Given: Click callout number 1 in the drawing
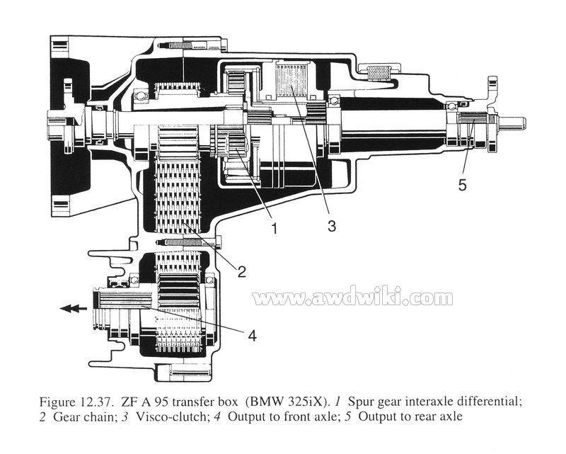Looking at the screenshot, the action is coord(274,228).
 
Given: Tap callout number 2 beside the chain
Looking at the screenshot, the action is coord(241,271).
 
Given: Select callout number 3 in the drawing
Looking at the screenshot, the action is coord(332,226).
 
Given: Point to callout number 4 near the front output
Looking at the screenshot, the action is coord(253,336).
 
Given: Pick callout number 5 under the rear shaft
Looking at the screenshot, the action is coord(463,185).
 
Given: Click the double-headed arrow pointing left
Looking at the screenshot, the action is coord(74,308).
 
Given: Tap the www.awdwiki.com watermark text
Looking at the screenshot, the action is coord(352,298).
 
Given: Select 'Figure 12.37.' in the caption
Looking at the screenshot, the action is coord(78,402).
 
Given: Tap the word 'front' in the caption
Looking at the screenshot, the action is coord(284,416).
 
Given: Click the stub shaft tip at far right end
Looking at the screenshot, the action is coord(524,121).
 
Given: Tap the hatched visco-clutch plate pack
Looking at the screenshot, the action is coord(291,79).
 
